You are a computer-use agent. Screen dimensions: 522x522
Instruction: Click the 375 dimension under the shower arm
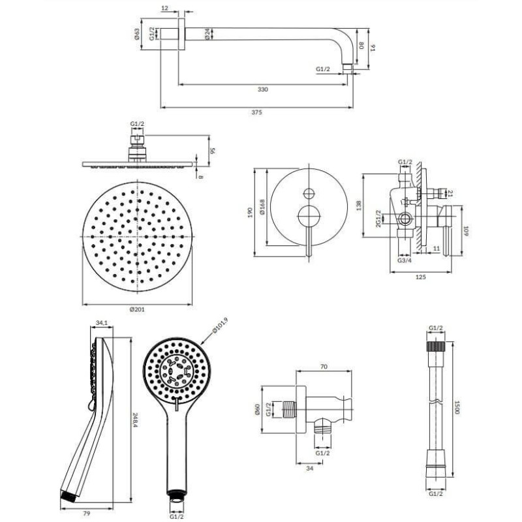tap(256, 112)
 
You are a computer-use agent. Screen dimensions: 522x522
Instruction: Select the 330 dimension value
tap(263, 89)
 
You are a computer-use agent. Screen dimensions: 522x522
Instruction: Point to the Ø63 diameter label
tap(136, 35)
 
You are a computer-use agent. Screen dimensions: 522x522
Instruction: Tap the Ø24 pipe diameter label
tap(207, 34)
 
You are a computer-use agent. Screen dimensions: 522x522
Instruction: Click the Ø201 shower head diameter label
tap(137, 309)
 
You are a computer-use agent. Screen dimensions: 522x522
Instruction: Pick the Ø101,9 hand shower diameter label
tap(220, 326)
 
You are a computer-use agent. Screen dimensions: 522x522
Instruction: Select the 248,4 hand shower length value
tap(135, 421)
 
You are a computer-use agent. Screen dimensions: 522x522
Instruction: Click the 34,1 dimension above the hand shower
tap(102, 322)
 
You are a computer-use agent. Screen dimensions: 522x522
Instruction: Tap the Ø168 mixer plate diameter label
tap(263, 207)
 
